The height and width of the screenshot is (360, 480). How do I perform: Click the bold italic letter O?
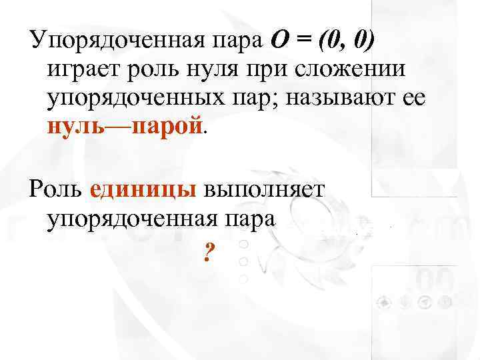[279, 41]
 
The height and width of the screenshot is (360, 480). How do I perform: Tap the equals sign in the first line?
[303, 41]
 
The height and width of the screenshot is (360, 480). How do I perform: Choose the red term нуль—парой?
[124, 125]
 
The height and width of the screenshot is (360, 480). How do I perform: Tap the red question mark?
[209, 252]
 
